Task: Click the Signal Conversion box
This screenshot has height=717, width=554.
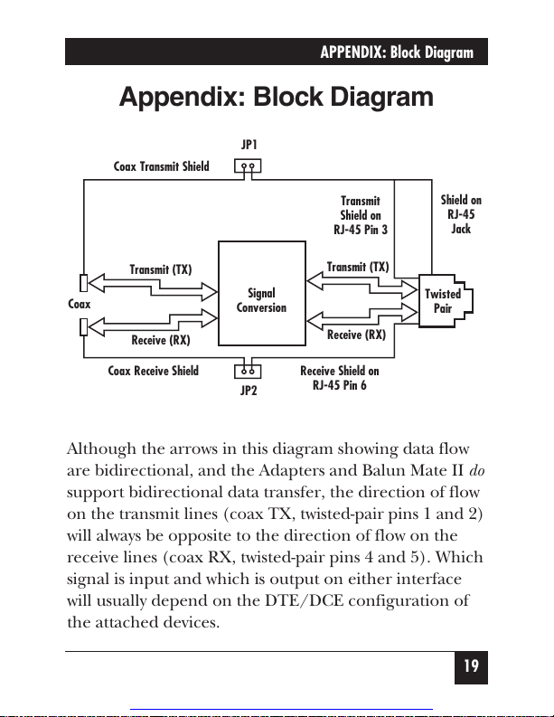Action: click(x=262, y=293)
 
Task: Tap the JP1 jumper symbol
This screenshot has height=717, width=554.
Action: click(x=248, y=165)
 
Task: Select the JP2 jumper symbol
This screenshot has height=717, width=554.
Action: click(x=248, y=372)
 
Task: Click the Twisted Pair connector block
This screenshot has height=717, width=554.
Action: click(x=446, y=301)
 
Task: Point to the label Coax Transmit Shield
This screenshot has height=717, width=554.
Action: click(x=162, y=166)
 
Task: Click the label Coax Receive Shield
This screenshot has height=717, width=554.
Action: click(x=153, y=371)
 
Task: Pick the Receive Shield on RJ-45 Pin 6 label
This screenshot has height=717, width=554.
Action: click(x=340, y=378)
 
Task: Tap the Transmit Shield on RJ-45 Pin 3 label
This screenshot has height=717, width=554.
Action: click(x=361, y=215)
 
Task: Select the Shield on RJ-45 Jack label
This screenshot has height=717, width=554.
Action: click(x=461, y=214)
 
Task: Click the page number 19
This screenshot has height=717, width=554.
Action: click(x=471, y=666)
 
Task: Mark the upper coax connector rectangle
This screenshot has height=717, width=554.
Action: click(x=84, y=283)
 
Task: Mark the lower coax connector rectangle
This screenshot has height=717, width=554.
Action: click(x=84, y=327)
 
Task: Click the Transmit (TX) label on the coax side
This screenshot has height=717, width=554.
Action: click(x=161, y=269)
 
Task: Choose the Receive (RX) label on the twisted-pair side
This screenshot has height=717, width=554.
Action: click(x=357, y=335)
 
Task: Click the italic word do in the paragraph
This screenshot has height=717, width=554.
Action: click(x=477, y=470)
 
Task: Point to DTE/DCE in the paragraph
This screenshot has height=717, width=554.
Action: click(x=304, y=600)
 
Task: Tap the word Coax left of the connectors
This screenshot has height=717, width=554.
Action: click(x=79, y=304)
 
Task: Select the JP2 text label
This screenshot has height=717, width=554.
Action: click(x=249, y=391)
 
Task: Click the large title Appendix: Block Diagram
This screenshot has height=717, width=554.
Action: click(x=276, y=97)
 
